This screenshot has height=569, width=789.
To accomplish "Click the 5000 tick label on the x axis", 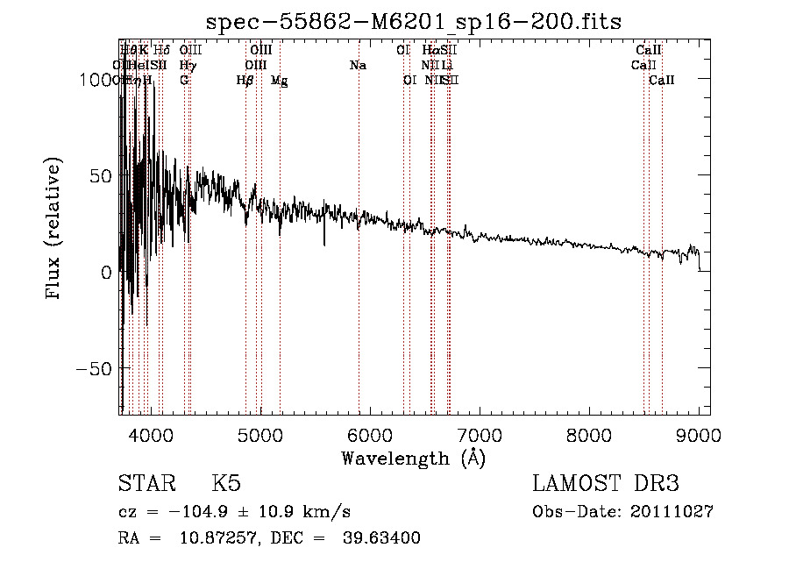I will [x=260, y=434].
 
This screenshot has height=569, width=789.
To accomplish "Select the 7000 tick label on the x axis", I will [x=480, y=434].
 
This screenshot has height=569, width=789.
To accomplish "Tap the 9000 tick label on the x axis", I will [x=699, y=434].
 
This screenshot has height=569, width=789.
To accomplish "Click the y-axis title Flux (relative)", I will [x=54, y=229].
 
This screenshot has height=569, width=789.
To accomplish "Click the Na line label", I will [x=358, y=66].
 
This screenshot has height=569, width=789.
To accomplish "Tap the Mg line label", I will [x=279, y=81].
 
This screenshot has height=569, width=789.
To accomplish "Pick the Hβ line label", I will [x=245, y=81].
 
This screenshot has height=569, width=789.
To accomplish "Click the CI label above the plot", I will [x=403, y=51].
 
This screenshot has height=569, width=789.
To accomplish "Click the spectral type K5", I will [x=226, y=484].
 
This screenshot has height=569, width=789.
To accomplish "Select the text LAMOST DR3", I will [x=605, y=484].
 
